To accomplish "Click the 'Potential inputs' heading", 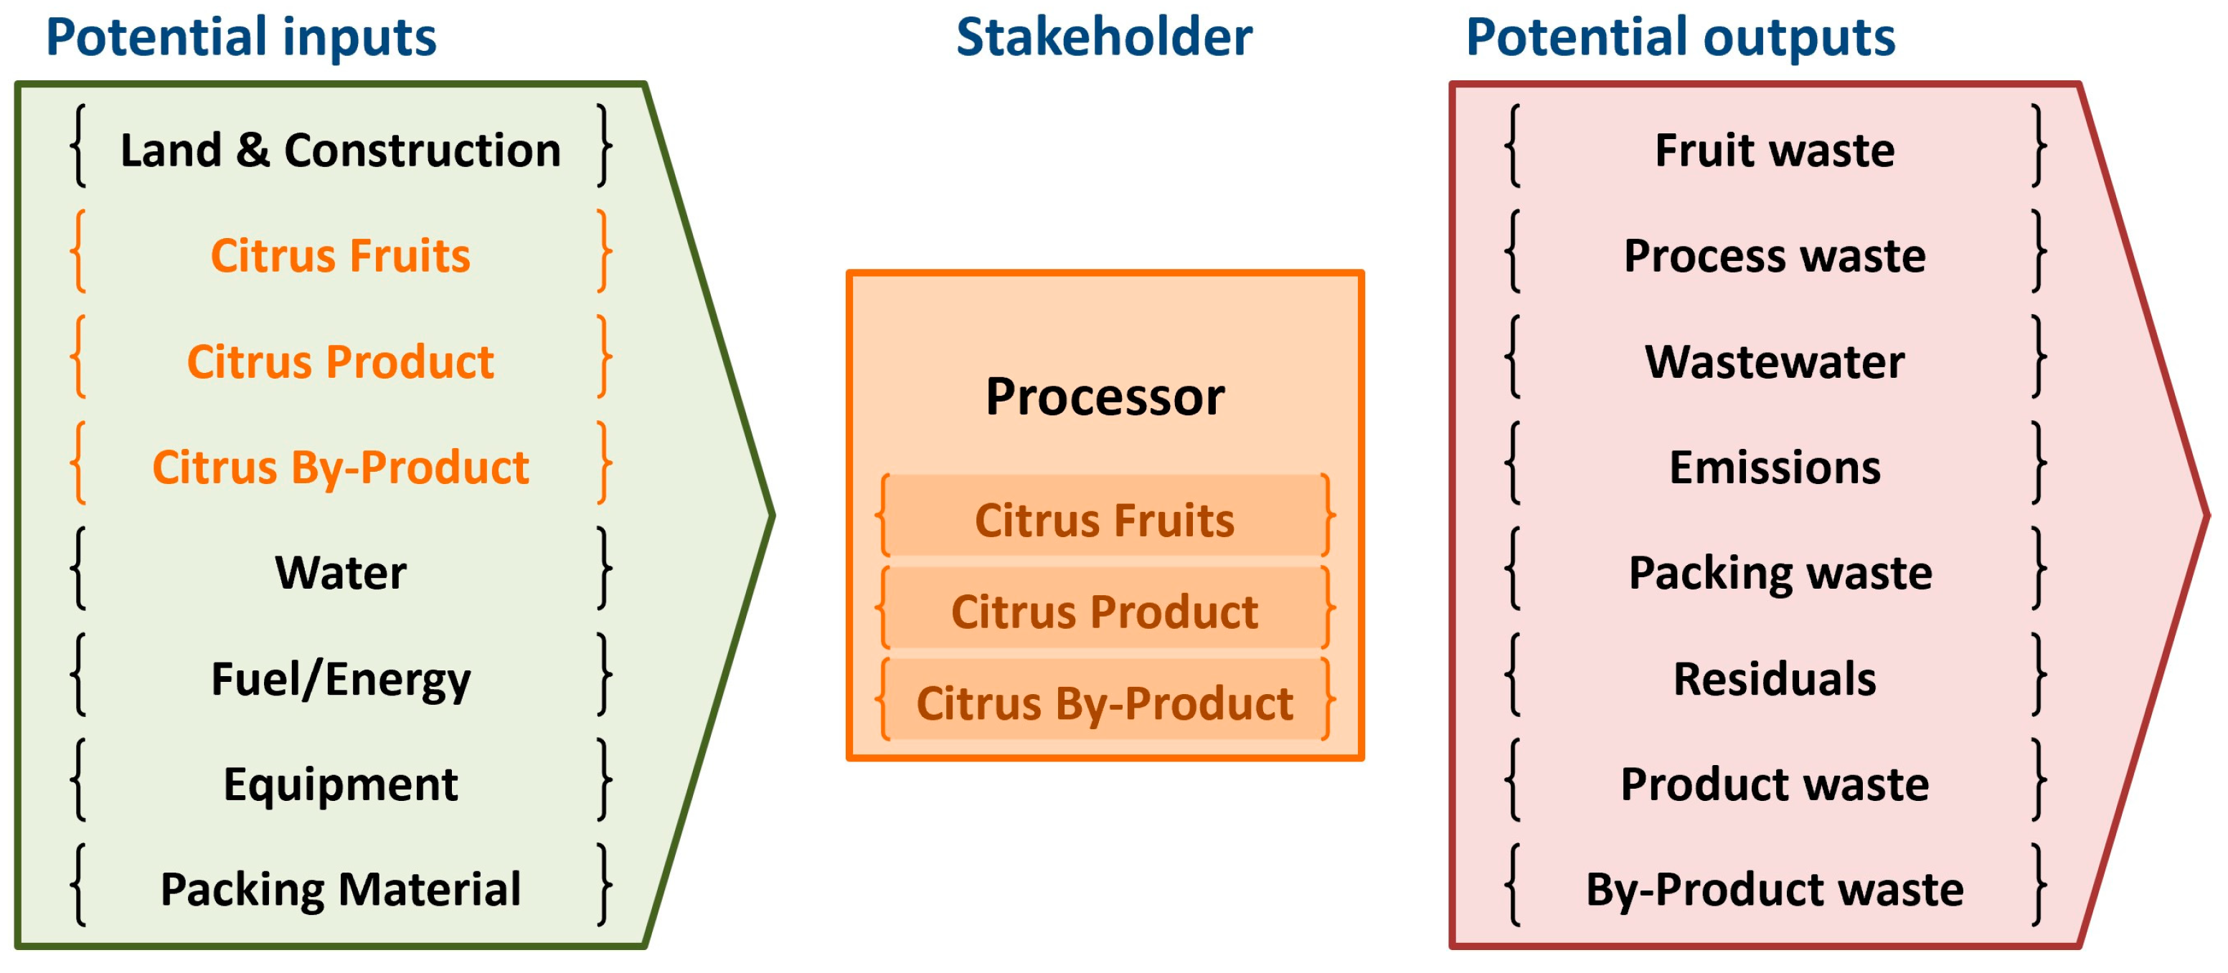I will click(240, 37).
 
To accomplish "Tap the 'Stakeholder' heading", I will click(1104, 37).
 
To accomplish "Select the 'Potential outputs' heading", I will click(1680, 37).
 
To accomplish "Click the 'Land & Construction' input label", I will click(340, 150).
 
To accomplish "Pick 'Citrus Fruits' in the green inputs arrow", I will click(340, 255).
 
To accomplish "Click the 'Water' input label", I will click(340, 573).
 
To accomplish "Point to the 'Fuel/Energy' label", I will click(340, 679).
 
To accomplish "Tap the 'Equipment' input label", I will click(340, 784).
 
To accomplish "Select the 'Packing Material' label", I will click(340, 889).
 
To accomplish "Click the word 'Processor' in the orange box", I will click(1105, 397).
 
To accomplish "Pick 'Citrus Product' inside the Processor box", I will click(1105, 612).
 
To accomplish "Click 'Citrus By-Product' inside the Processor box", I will click(1105, 703).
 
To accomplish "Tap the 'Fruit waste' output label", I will click(1774, 150).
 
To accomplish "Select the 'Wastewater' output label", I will click(1774, 361).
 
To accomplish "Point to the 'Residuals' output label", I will click(1774, 679).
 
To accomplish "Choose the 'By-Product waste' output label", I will click(1774, 889).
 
